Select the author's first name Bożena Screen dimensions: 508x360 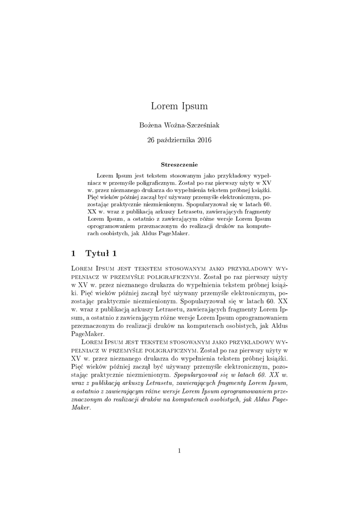(x=154, y=126)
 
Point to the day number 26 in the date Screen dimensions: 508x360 (x=151, y=140)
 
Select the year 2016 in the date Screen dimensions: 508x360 (x=205, y=140)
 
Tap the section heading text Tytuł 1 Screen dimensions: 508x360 (x=101, y=254)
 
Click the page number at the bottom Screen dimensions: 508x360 (x=180, y=450)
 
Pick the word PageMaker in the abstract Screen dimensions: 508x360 (x=174, y=234)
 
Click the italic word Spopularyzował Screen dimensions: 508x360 (x=205, y=375)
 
